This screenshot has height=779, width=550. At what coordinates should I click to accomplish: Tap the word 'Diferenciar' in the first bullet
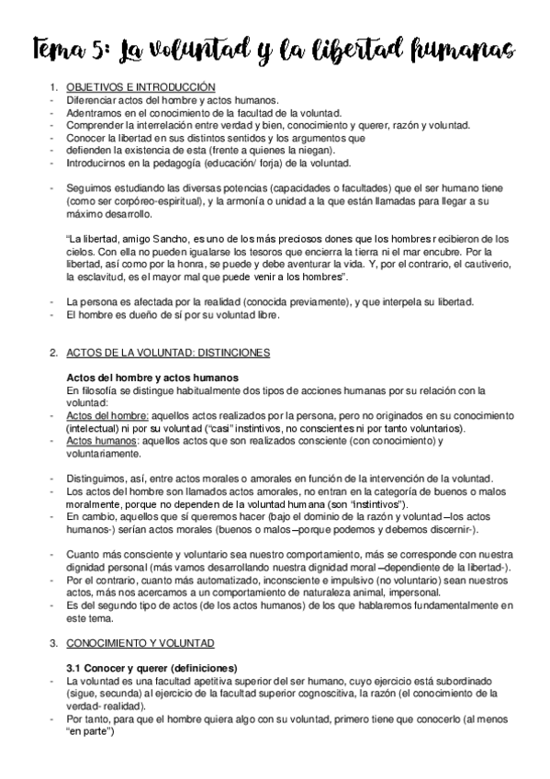coord(91,100)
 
